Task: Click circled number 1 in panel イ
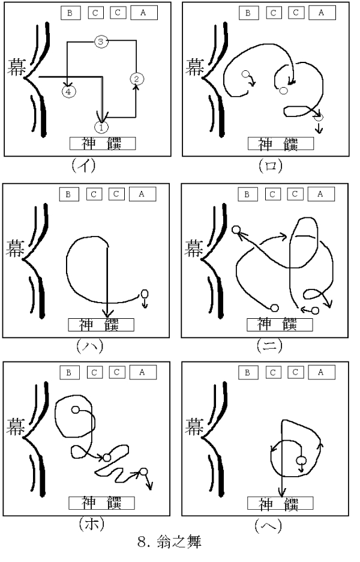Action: pos(101,127)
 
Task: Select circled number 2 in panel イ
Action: pos(136,79)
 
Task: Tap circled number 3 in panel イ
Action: pos(101,41)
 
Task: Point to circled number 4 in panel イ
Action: pos(68,92)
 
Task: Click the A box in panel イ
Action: pos(143,13)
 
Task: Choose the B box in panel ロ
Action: pos(248,13)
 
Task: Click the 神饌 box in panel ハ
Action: pos(101,325)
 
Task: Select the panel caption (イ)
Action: pos(84,165)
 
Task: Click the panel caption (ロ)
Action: pos(271,166)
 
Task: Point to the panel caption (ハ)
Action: pos(90,346)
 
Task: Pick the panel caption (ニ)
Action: pos(270,345)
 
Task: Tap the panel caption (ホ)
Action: pos(92,524)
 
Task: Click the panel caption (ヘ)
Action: pos(268,525)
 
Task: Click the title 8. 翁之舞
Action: pos(169,542)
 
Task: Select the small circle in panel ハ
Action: pos(145,294)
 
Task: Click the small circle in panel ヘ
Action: pos(301,461)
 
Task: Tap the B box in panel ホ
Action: pos(69,373)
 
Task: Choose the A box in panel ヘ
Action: pos(322,372)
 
